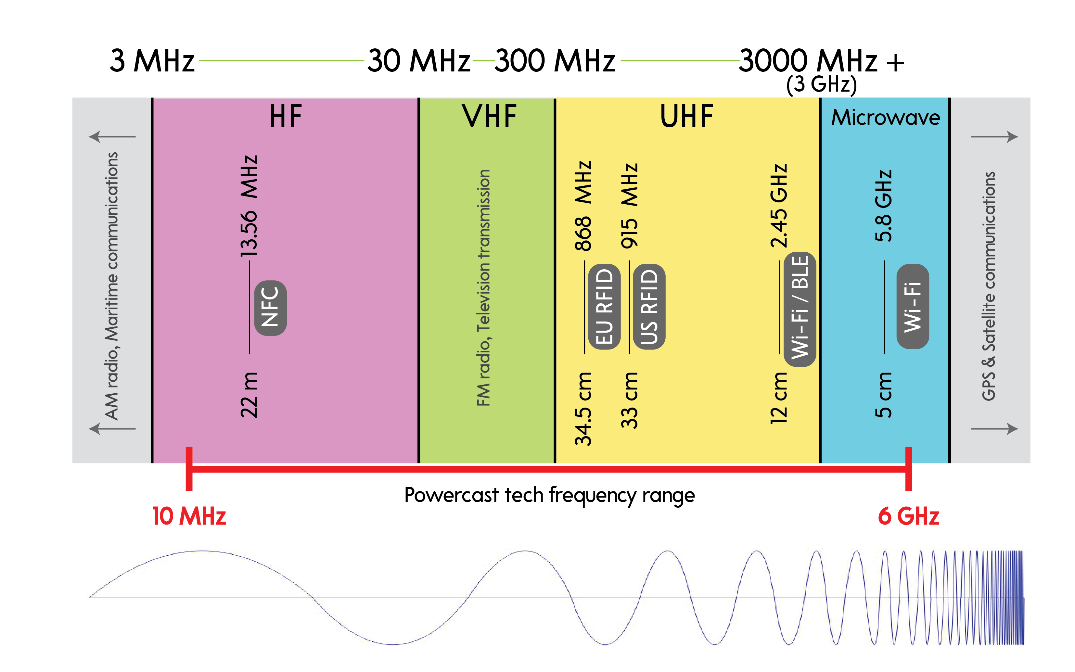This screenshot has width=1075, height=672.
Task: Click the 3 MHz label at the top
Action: pos(152,60)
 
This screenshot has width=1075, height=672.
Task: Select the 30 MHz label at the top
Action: pos(418,60)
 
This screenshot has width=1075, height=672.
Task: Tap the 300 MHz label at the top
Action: pos(555,60)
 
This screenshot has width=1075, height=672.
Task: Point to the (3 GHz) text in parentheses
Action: pos(821,84)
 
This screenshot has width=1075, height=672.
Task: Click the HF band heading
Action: pos(286,117)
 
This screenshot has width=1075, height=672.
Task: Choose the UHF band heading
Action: pos(686,117)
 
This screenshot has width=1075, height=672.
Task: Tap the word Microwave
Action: pos(886,118)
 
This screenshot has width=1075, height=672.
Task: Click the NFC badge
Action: pos(270,308)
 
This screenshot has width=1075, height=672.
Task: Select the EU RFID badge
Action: pos(604,307)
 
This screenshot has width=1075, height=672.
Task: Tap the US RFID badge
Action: pos(649,307)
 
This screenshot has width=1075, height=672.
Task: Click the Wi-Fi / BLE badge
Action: pos(800,309)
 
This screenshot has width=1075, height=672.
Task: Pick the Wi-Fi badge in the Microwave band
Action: pos(913,307)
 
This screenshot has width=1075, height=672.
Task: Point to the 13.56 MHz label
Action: pos(249,206)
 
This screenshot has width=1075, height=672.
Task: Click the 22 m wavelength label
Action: pos(249,395)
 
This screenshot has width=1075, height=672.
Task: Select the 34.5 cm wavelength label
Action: pos(583,409)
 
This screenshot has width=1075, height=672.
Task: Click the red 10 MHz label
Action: pos(189,516)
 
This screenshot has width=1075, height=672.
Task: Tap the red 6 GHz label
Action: pos(908,516)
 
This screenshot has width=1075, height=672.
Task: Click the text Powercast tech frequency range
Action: pos(549,495)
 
